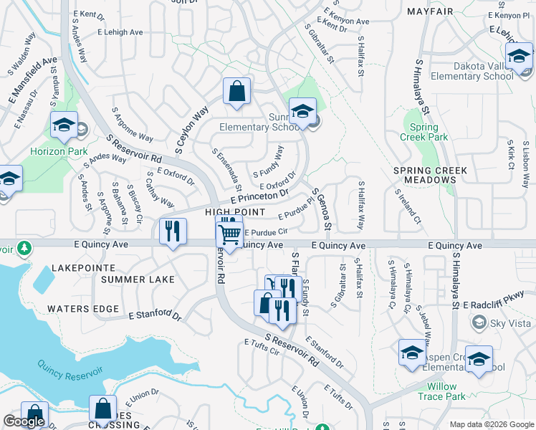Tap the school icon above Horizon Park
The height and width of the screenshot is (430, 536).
coord(64,125)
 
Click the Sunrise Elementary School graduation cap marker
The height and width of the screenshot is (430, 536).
coord(302,112)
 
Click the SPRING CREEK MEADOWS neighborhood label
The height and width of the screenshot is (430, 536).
coord(430,176)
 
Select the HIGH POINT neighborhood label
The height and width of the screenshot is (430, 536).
coord(231,212)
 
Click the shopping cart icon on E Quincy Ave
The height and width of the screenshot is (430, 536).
coord(229,233)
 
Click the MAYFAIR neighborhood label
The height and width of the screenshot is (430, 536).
coord(431,12)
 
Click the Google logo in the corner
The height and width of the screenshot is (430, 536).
coord(24,421)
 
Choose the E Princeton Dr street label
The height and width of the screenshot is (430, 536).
coord(259,196)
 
